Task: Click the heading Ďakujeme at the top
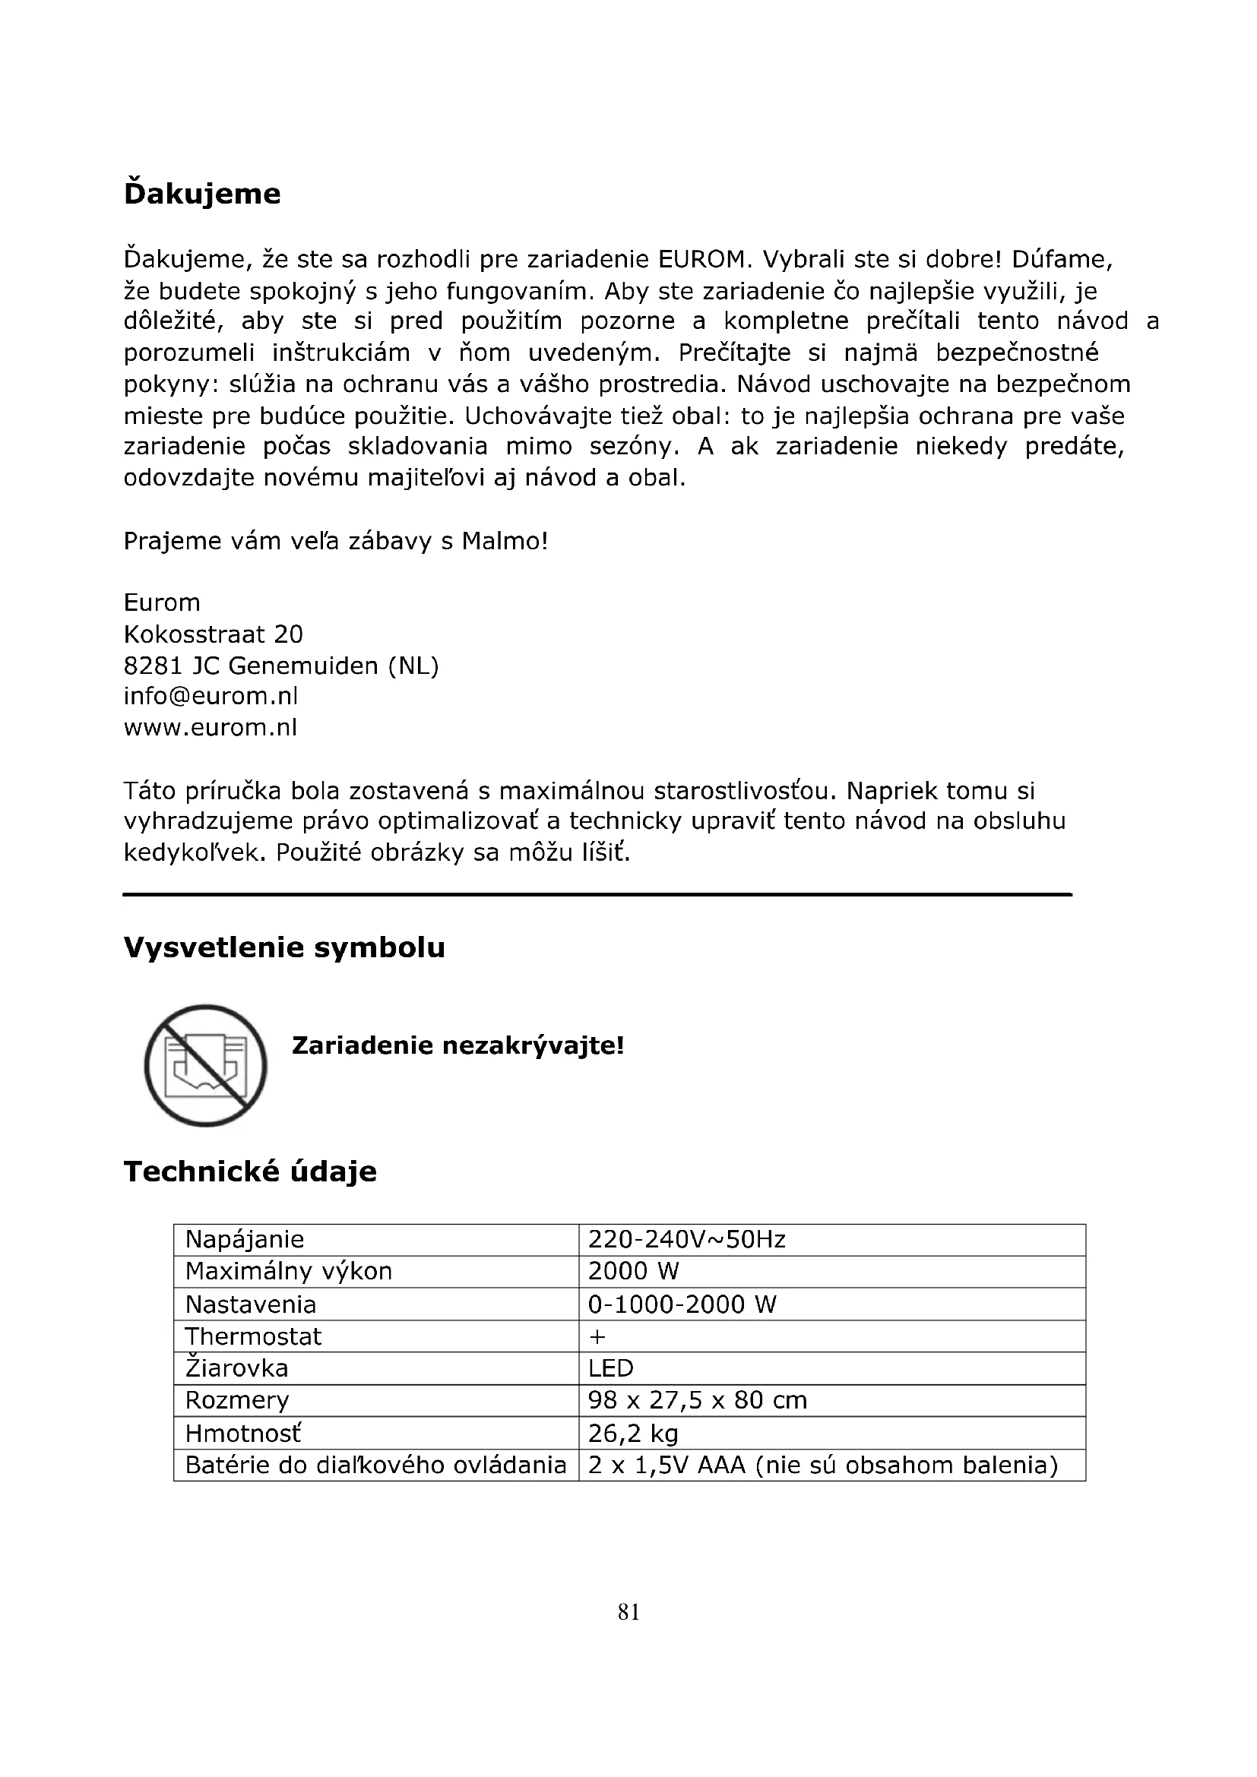point(202,194)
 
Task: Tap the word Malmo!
point(505,541)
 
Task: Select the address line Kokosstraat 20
point(213,634)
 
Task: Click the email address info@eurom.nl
point(211,697)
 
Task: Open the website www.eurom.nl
point(211,728)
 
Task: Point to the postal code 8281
point(153,666)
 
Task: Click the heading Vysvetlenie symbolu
point(284,948)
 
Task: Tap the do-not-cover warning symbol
point(206,1066)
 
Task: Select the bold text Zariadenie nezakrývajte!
point(458,1046)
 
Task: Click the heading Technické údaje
point(250,1171)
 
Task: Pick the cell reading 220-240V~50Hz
point(686,1240)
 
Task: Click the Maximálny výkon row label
point(289,1272)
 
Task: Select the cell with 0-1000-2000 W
point(682,1305)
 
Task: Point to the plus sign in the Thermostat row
point(597,1336)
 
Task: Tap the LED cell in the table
point(611,1368)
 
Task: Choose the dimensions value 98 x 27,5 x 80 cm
point(698,1400)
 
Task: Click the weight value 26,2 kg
point(633,1434)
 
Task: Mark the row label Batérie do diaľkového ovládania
point(375,1465)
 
